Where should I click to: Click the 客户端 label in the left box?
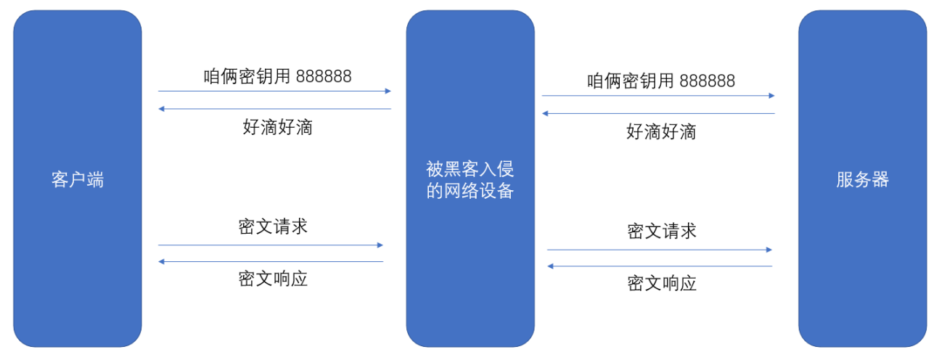pyautogui.click(x=78, y=180)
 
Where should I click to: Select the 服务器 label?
pyautogui.click(x=862, y=180)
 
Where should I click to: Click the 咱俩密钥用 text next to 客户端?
pyautogui.click(x=247, y=77)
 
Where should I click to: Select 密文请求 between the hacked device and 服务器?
pyautogui.click(x=661, y=232)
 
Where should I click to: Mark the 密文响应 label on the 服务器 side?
pyautogui.click(x=661, y=283)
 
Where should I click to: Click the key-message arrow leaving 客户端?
pyautogui.click(x=274, y=91)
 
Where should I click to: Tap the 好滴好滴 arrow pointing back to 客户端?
pyautogui.click(x=274, y=109)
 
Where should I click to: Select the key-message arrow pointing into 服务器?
pyautogui.click(x=658, y=96)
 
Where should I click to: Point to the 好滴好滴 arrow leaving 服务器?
pyautogui.click(x=658, y=113)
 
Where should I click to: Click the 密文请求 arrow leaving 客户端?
pyautogui.click(x=270, y=245)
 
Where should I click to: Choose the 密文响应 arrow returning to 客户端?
pyautogui.click(x=270, y=261)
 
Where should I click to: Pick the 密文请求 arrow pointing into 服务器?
pyautogui.click(x=660, y=250)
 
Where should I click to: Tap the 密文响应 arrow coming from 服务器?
pyautogui.click(x=660, y=266)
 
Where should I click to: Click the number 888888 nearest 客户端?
pyautogui.click(x=324, y=77)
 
